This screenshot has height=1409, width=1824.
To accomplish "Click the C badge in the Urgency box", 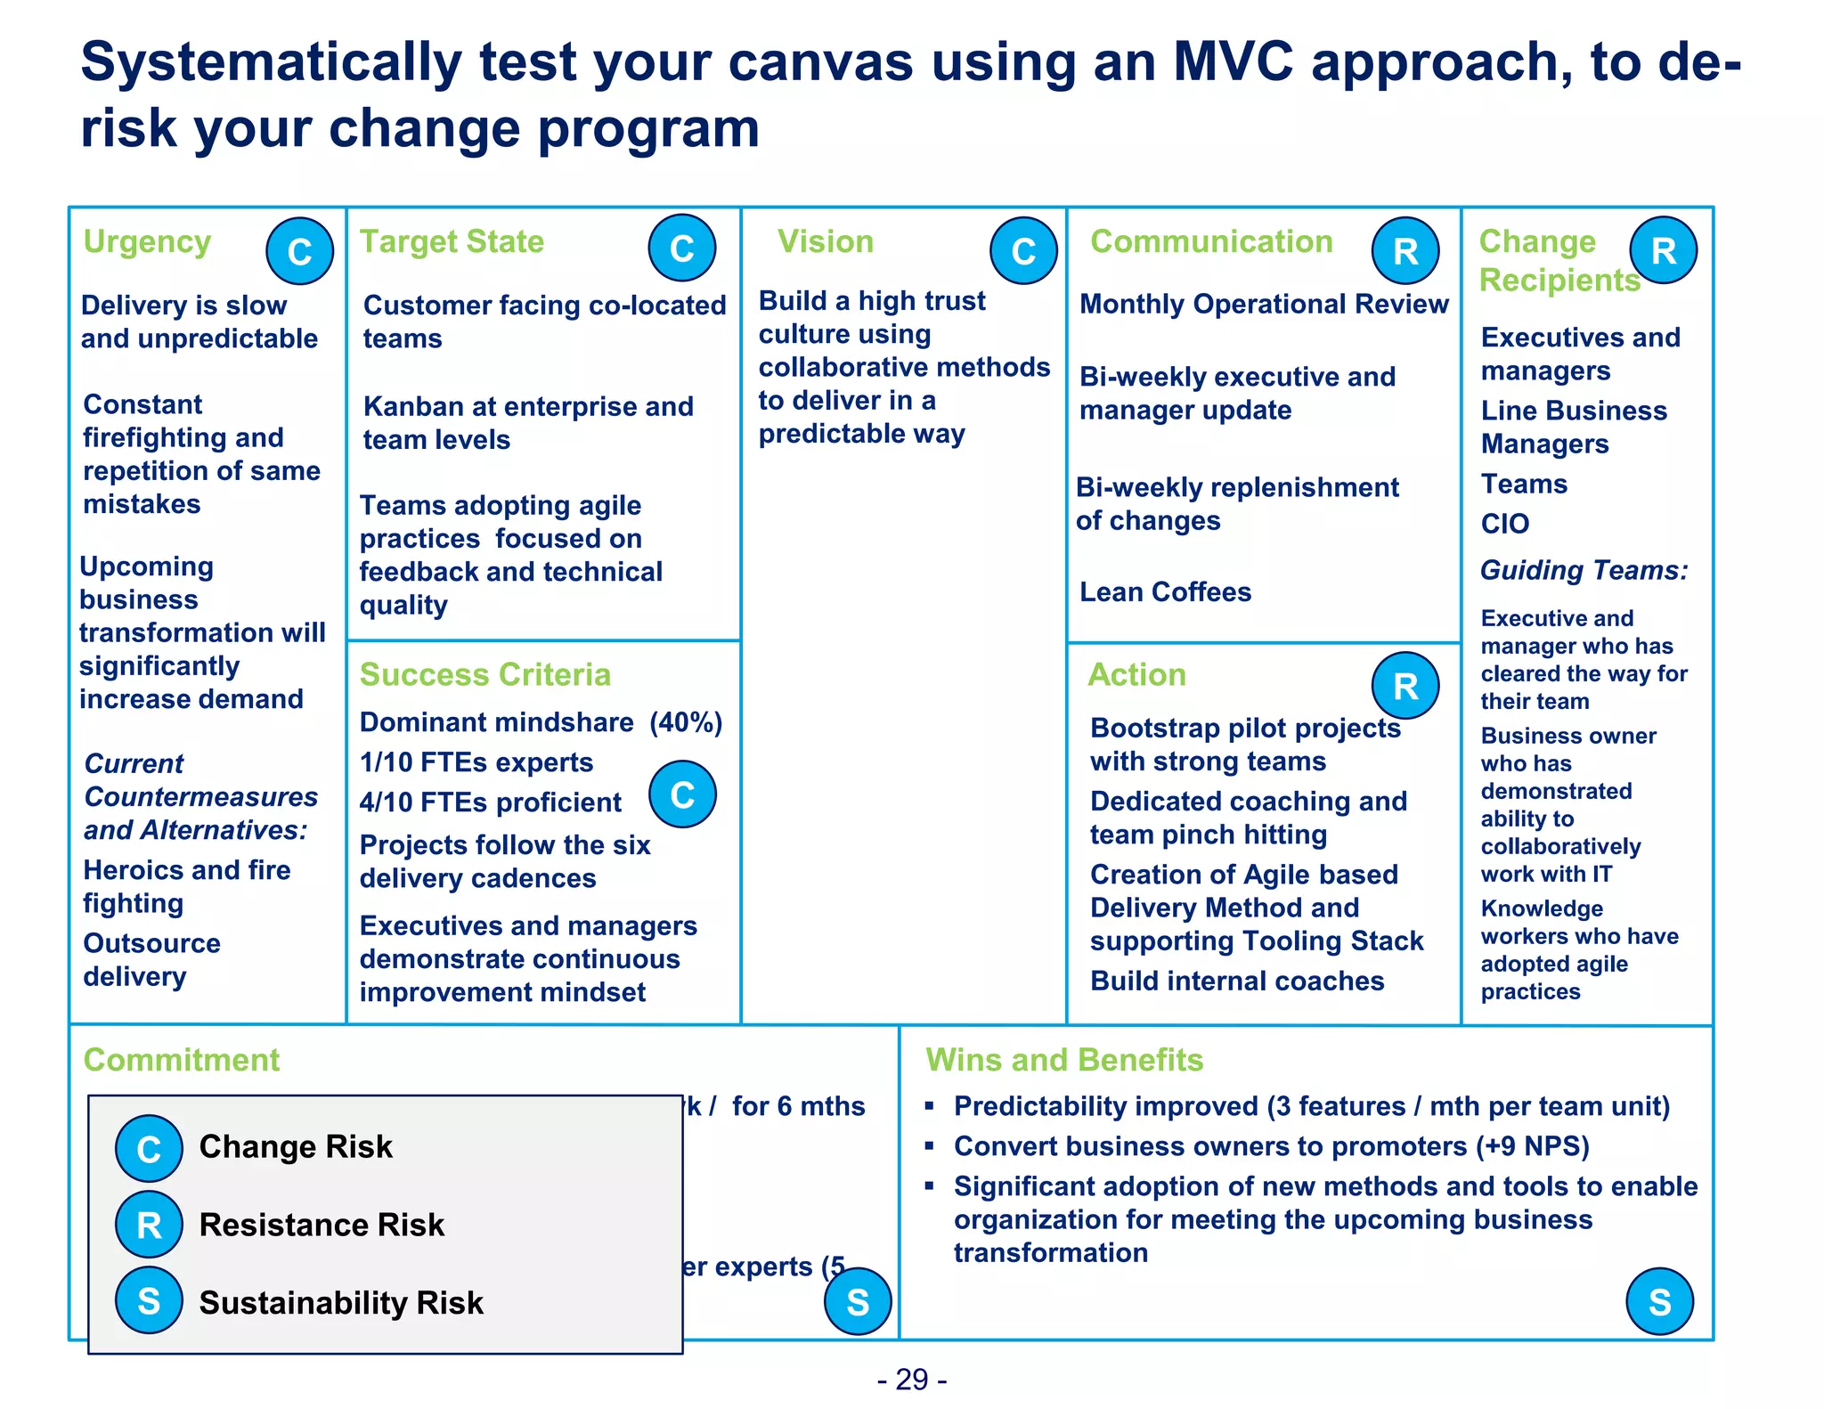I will (x=299, y=251).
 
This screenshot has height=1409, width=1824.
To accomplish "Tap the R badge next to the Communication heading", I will (x=1405, y=251).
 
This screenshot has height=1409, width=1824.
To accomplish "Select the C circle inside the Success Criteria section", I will (x=681, y=794).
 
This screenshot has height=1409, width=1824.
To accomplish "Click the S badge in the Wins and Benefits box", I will (x=1658, y=1301).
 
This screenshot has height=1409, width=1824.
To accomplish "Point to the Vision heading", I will (x=825, y=241).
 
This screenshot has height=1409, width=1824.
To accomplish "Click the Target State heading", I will (x=452, y=241).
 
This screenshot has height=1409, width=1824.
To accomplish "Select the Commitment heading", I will (x=181, y=1060).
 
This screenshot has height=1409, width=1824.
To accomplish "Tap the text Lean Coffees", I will (x=1165, y=591).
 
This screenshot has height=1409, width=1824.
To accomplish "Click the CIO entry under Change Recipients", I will (x=1504, y=524).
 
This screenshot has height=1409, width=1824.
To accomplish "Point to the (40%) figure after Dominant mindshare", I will (x=686, y=721).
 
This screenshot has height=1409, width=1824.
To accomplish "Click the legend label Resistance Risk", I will (x=322, y=1225).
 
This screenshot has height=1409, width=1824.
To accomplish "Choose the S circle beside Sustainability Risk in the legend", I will (x=149, y=1301).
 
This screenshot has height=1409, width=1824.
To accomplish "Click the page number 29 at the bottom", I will (x=912, y=1380).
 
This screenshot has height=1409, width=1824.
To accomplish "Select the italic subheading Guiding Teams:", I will (x=1584, y=570).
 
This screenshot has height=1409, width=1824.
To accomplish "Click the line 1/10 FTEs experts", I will (x=476, y=762).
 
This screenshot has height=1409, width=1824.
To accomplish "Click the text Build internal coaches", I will (x=1236, y=981).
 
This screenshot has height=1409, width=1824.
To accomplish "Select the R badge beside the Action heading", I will (x=1405, y=686).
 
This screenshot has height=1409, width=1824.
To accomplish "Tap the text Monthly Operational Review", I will (x=1264, y=304).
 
